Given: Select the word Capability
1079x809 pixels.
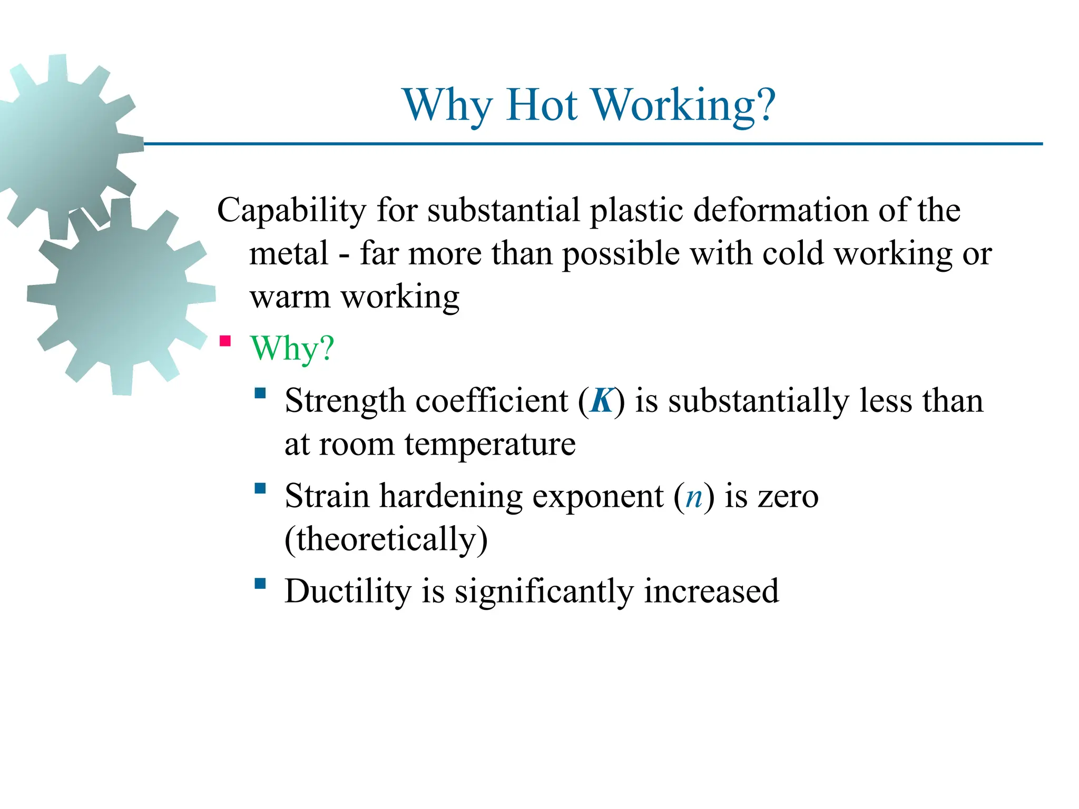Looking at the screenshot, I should (x=291, y=211).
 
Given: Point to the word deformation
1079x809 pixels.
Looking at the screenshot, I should (x=780, y=211).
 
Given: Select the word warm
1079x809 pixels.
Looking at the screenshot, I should (x=290, y=298).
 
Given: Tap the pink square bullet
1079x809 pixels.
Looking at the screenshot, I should (x=225, y=341).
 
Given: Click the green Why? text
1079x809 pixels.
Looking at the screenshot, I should (x=292, y=348).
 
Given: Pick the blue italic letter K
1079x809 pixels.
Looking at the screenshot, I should (x=602, y=401).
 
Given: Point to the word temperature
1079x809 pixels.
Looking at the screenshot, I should (x=490, y=445).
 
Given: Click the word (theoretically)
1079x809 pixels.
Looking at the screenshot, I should (x=386, y=540).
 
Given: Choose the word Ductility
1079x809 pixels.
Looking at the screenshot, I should (x=348, y=591).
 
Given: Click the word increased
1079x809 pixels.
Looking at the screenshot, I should (x=711, y=591).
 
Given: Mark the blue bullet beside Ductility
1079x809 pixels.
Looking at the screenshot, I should (x=260, y=583).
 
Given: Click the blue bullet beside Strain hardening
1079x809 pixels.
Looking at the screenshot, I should (x=260, y=488).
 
